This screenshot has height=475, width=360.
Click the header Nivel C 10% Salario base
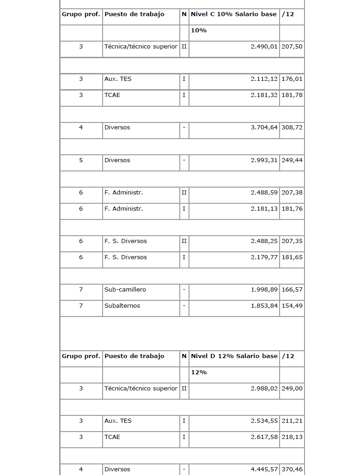click(x=233, y=14)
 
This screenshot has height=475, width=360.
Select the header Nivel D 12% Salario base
click(x=233, y=356)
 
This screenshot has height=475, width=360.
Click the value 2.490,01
click(x=264, y=47)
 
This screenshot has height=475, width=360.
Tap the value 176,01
click(x=292, y=79)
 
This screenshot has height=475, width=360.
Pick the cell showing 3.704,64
click(x=264, y=128)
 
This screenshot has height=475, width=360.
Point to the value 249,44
click(x=292, y=160)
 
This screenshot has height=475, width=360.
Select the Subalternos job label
click(x=122, y=306)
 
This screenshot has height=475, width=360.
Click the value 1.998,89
click(x=264, y=290)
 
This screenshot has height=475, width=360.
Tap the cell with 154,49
click(x=292, y=306)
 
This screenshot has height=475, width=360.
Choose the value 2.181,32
click(x=264, y=95)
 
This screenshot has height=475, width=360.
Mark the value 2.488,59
click(x=264, y=193)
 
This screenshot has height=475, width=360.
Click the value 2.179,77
click(x=264, y=257)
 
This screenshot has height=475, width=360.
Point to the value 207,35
click(x=292, y=241)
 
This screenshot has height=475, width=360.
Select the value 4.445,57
click(x=264, y=469)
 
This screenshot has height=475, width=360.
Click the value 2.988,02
click(x=264, y=389)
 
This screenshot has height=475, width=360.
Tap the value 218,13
click(x=292, y=437)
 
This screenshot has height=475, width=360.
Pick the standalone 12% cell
click(x=199, y=372)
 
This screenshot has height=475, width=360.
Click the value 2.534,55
click(x=264, y=421)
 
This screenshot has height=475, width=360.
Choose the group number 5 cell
click(x=81, y=160)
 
